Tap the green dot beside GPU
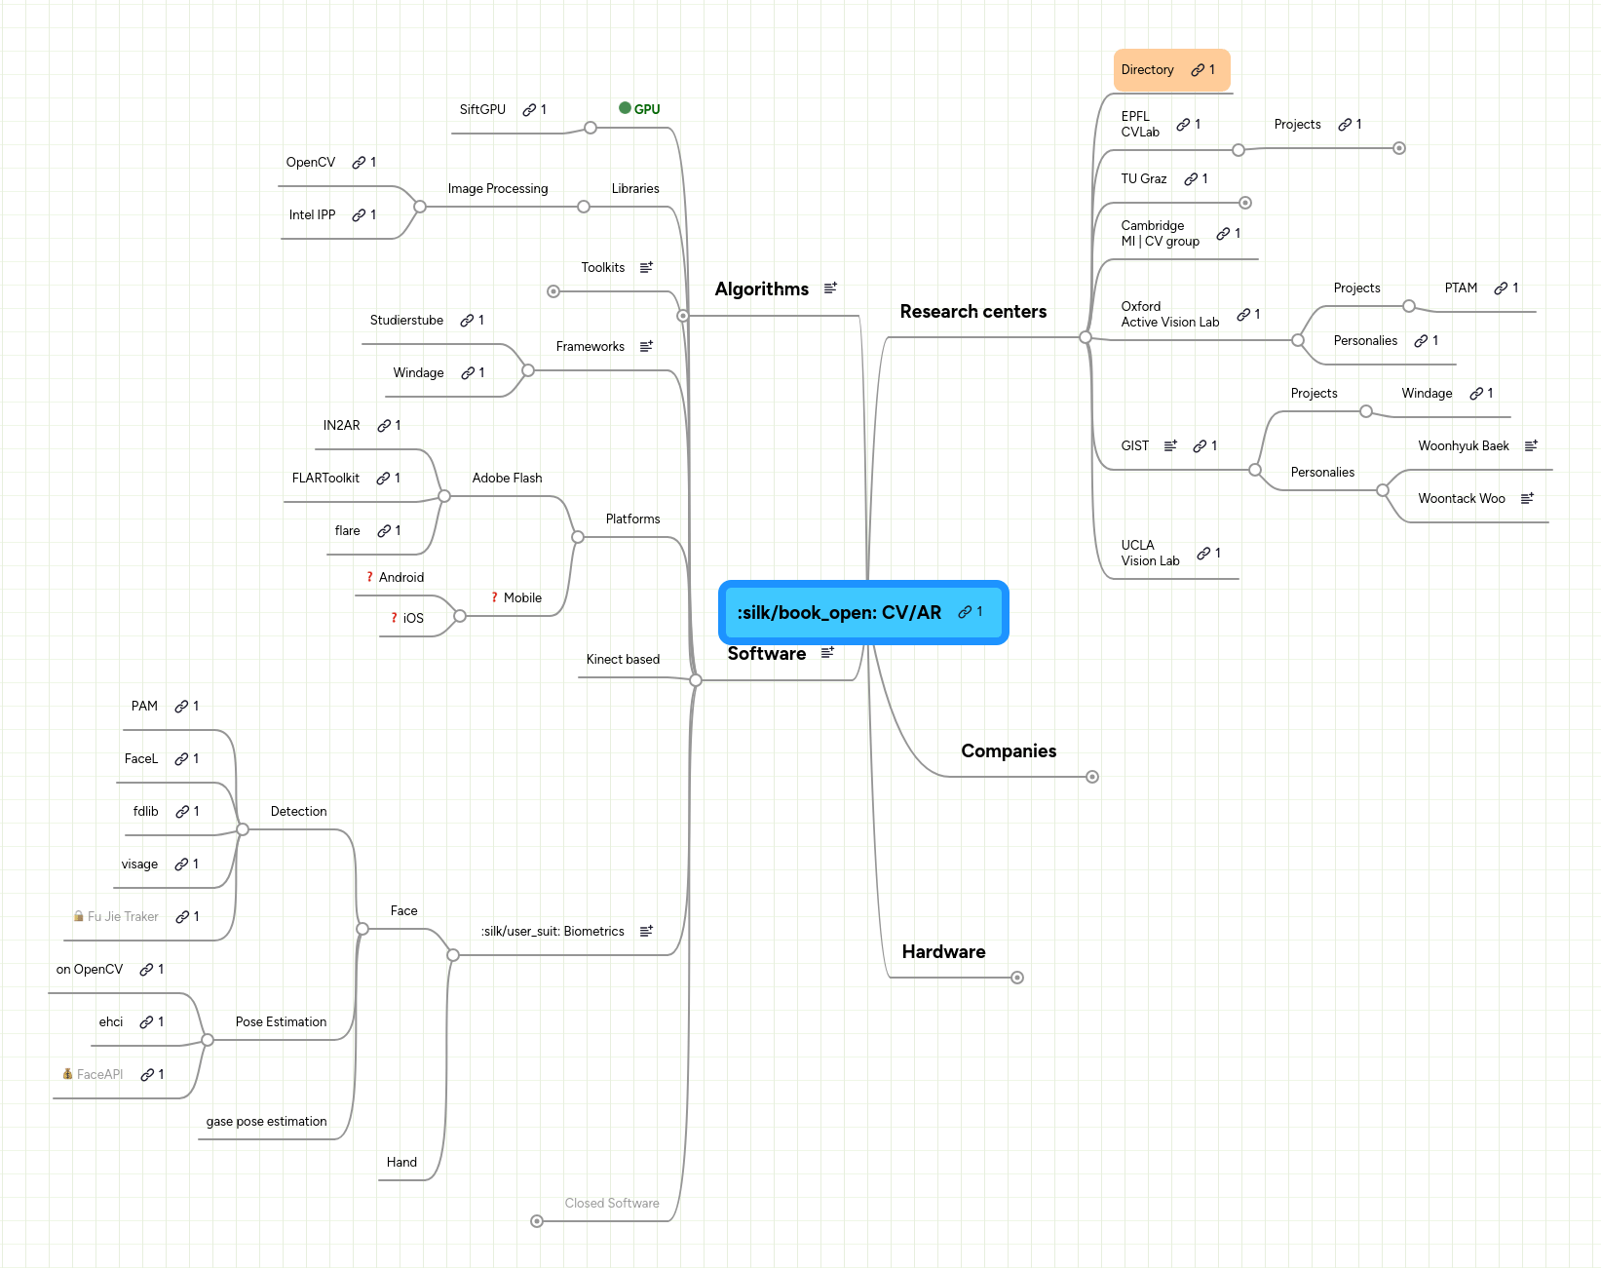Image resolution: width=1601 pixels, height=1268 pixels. pyautogui.click(x=625, y=108)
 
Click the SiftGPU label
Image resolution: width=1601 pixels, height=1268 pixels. pyautogui.click(x=482, y=110)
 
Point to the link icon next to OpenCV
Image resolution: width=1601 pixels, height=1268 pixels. pyautogui.click(x=359, y=163)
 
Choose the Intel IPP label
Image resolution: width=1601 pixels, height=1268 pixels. pyautogui.click(x=312, y=215)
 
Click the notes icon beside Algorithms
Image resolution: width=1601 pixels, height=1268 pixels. pyautogui.click(x=830, y=288)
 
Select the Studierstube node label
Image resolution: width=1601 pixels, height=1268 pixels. pyautogui.click(x=406, y=321)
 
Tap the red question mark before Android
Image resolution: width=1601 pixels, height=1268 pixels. pyautogui.click(x=369, y=577)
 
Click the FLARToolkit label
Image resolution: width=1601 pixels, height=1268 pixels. pyautogui.click(x=325, y=479)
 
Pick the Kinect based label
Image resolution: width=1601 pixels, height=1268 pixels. pyautogui.click(x=623, y=660)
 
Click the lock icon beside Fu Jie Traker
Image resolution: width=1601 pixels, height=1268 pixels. pyautogui.click(x=78, y=916)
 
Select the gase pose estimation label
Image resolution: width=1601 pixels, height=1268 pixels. pyautogui.click(x=266, y=1122)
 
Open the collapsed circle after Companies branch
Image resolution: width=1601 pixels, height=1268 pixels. pyautogui.click(x=1092, y=777)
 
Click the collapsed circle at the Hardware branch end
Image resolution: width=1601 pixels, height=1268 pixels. pyautogui.click(x=1016, y=978)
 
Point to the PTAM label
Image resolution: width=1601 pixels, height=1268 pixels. pyautogui.click(x=1461, y=288)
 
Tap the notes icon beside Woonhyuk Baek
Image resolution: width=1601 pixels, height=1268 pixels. pyautogui.click(x=1531, y=445)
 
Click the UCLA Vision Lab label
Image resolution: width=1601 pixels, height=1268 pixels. pyautogui.click(x=1150, y=553)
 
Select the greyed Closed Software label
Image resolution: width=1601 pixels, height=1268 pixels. pyautogui.click(x=612, y=1204)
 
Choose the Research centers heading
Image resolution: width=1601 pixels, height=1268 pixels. pyautogui.click(x=972, y=312)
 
